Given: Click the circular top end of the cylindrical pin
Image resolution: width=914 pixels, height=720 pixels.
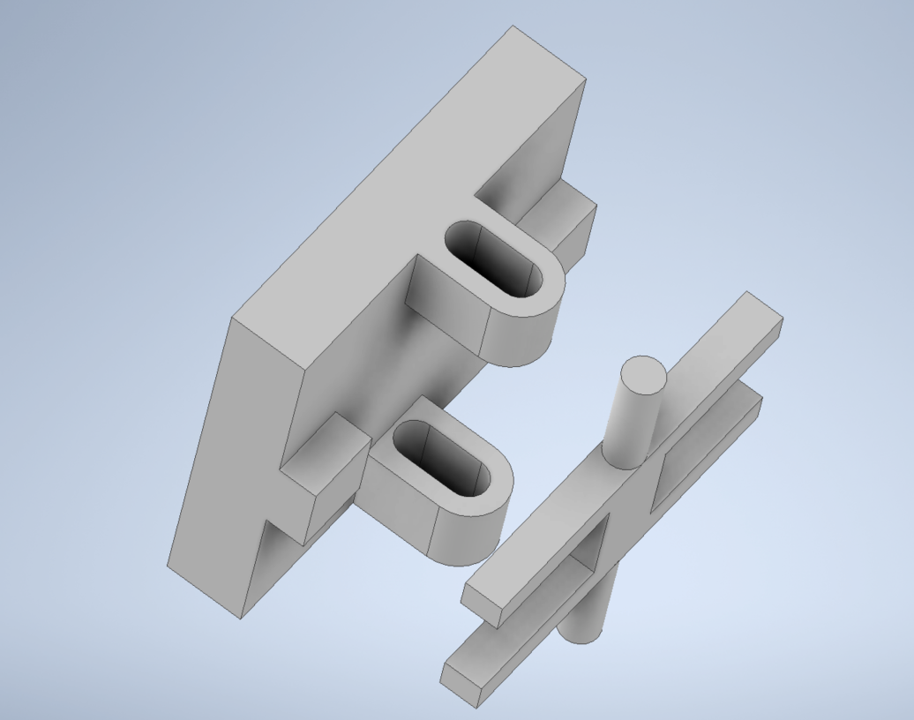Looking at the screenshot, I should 642,375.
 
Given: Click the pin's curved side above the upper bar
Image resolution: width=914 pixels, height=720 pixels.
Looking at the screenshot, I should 628,424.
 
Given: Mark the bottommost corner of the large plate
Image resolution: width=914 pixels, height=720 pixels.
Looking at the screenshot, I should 241,618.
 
